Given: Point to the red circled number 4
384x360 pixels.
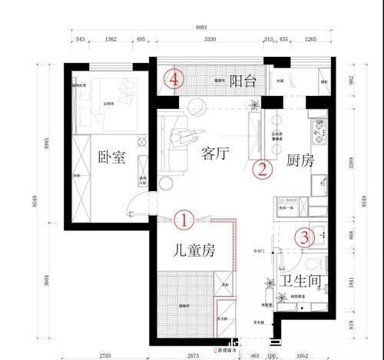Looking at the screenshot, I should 176,78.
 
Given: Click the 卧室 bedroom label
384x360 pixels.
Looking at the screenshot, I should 112,159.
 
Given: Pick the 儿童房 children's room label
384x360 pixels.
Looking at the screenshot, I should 194,249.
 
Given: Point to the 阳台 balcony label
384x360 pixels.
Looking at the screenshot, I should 243,79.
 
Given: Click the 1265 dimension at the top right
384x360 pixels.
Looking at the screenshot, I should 310,39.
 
